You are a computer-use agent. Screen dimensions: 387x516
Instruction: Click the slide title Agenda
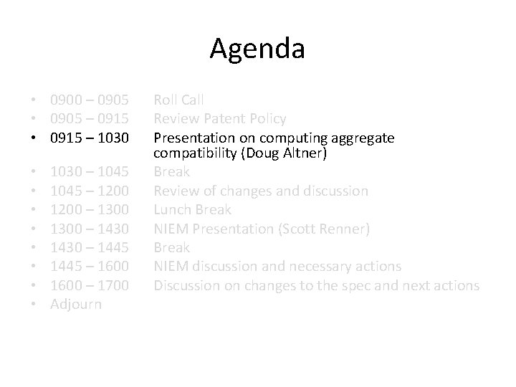257,49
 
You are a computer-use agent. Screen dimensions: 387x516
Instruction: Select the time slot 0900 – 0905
90,100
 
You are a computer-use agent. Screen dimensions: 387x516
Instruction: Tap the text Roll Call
179,100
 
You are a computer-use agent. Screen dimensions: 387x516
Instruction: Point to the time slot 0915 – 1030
90,137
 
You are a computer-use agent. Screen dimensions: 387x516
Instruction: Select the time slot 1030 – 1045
90,172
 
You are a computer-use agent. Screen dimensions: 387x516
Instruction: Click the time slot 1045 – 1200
90,191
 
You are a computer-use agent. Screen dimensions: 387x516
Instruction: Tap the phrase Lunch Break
193,209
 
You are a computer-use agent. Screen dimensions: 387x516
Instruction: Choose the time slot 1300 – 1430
90,229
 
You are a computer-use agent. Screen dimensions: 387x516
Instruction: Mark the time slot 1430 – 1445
90,247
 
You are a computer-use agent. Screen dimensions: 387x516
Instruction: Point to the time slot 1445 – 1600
90,267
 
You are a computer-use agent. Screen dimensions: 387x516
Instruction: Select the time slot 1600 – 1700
90,285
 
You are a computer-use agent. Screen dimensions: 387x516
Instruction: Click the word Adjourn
76,305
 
